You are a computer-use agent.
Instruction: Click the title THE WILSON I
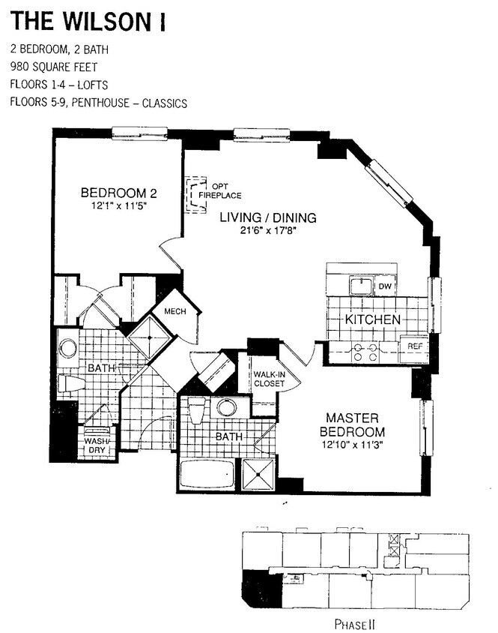pos(88,22)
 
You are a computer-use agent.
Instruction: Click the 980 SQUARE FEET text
pos(54,67)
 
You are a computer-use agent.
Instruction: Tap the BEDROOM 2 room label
pos(118,193)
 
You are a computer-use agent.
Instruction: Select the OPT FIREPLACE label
pos(219,191)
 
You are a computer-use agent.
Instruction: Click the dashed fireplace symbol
pos(195,194)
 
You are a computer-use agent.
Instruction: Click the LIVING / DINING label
pos(268,217)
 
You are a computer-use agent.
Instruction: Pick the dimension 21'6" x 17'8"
pos(268,231)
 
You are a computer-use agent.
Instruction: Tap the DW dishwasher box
pos(386,286)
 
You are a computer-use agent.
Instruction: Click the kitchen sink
pos(362,286)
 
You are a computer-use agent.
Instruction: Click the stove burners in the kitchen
pos(365,352)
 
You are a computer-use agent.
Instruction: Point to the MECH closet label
pos(175,311)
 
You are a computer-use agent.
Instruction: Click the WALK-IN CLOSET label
pos(269,379)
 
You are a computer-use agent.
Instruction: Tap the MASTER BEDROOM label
pos(352,424)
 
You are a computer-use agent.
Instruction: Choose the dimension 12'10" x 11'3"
pos(352,445)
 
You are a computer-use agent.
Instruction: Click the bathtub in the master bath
pos(207,475)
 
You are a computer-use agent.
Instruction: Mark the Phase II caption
pos(355,624)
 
